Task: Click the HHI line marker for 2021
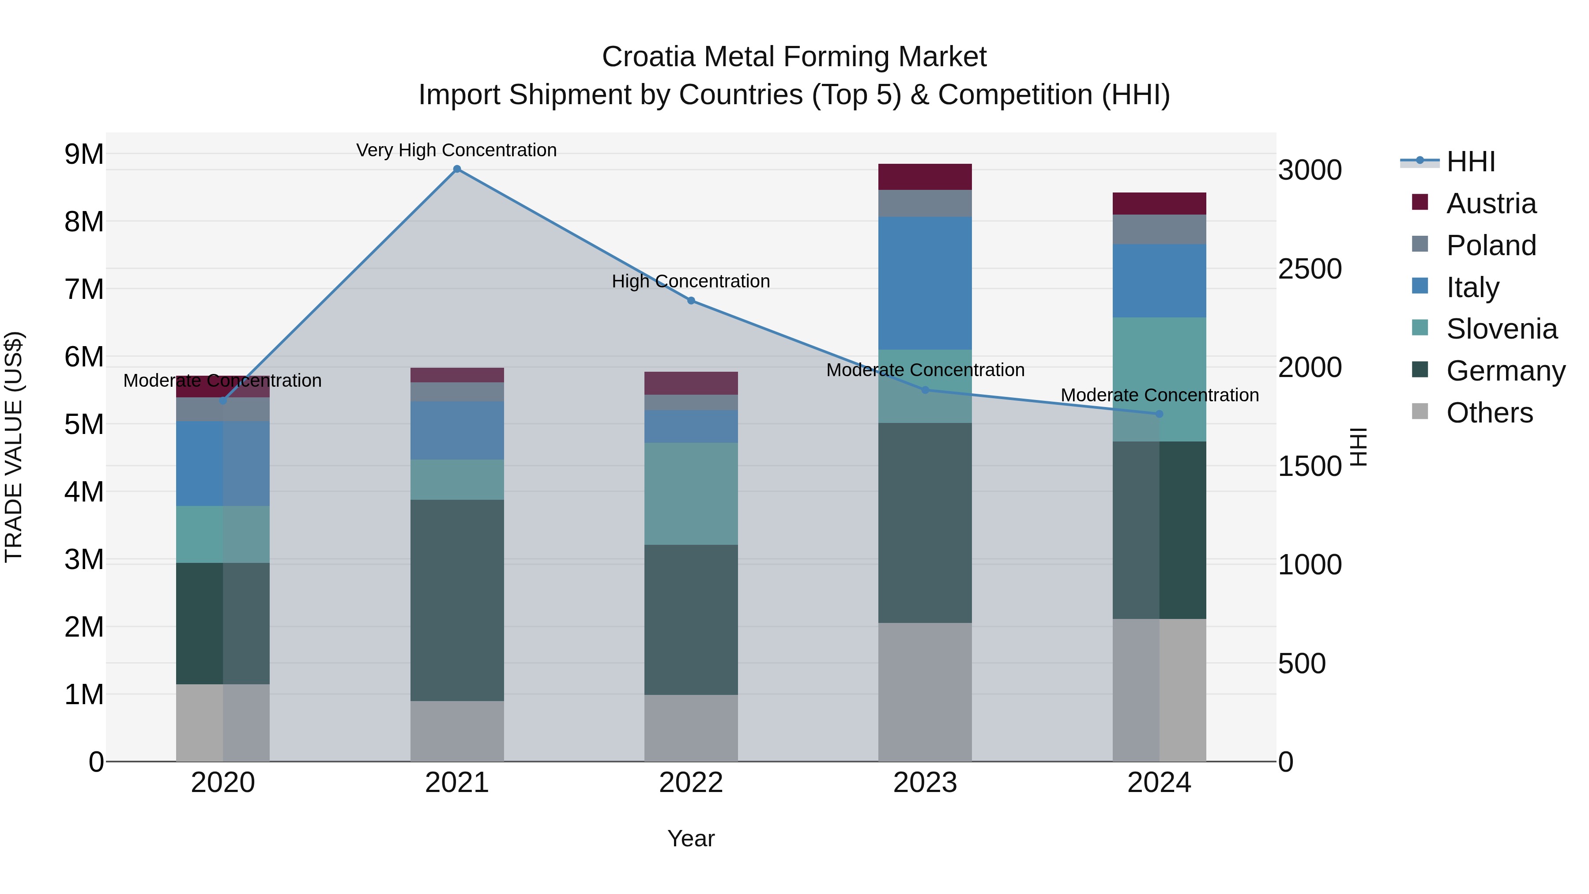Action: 457,169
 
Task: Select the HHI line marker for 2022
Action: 691,301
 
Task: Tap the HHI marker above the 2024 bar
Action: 1159,414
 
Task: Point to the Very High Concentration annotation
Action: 456,151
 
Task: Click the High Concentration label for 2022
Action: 691,281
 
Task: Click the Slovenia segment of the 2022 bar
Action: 691,494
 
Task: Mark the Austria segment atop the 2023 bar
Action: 925,177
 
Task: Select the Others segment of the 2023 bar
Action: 925,692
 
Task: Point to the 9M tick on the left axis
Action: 84,154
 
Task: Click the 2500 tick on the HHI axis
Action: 1309,269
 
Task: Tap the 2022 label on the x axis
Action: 691,783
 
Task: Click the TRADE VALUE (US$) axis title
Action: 14,447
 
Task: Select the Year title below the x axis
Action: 691,838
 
